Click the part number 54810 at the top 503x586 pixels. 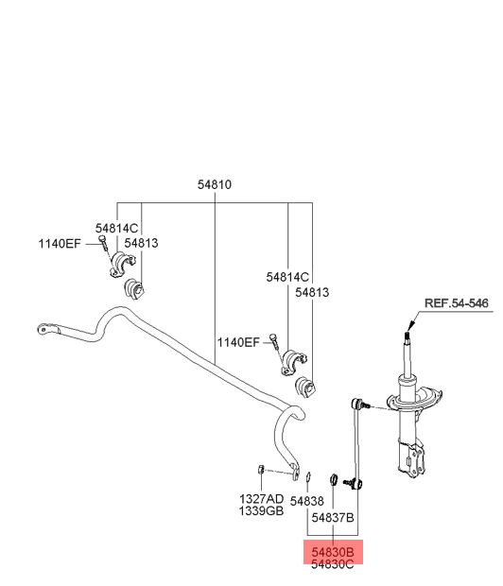point(215,184)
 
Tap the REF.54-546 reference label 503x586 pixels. point(457,303)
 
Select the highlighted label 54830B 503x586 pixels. point(333,552)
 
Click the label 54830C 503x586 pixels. point(333,564)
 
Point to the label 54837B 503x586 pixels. point(333,518)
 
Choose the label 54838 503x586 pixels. point(306,501)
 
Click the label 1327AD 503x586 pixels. point(261,498)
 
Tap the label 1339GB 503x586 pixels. point(261,510)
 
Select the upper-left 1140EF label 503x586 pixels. point(60,244)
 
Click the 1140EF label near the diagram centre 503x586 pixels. point(238,342)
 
